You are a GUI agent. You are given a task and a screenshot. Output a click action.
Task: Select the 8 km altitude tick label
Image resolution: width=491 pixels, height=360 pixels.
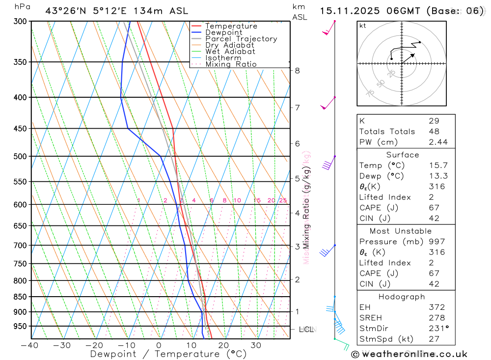(x=297, y=71)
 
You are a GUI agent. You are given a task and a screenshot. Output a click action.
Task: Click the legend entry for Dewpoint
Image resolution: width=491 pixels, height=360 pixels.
(x=223, y=32)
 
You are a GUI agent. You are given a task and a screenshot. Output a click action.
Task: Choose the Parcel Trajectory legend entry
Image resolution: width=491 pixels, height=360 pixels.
(x=241, y=39)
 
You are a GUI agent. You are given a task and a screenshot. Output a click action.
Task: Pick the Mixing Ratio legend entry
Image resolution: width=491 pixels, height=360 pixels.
(x=231, y=64)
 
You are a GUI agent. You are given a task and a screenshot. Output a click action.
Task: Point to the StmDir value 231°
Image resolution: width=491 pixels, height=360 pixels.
(x=436, y=329)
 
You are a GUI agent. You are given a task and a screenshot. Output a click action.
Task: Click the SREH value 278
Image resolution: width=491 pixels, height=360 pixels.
(x=434, y=318)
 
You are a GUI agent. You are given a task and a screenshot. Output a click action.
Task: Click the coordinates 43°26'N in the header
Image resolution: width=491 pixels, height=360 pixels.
(x=66, y=11)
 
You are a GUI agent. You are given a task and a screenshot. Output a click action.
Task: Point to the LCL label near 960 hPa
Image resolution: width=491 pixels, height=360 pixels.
(x=306, y=330)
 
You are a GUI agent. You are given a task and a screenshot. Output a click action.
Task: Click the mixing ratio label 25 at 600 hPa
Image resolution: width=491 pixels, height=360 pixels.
(x=283, y=200)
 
